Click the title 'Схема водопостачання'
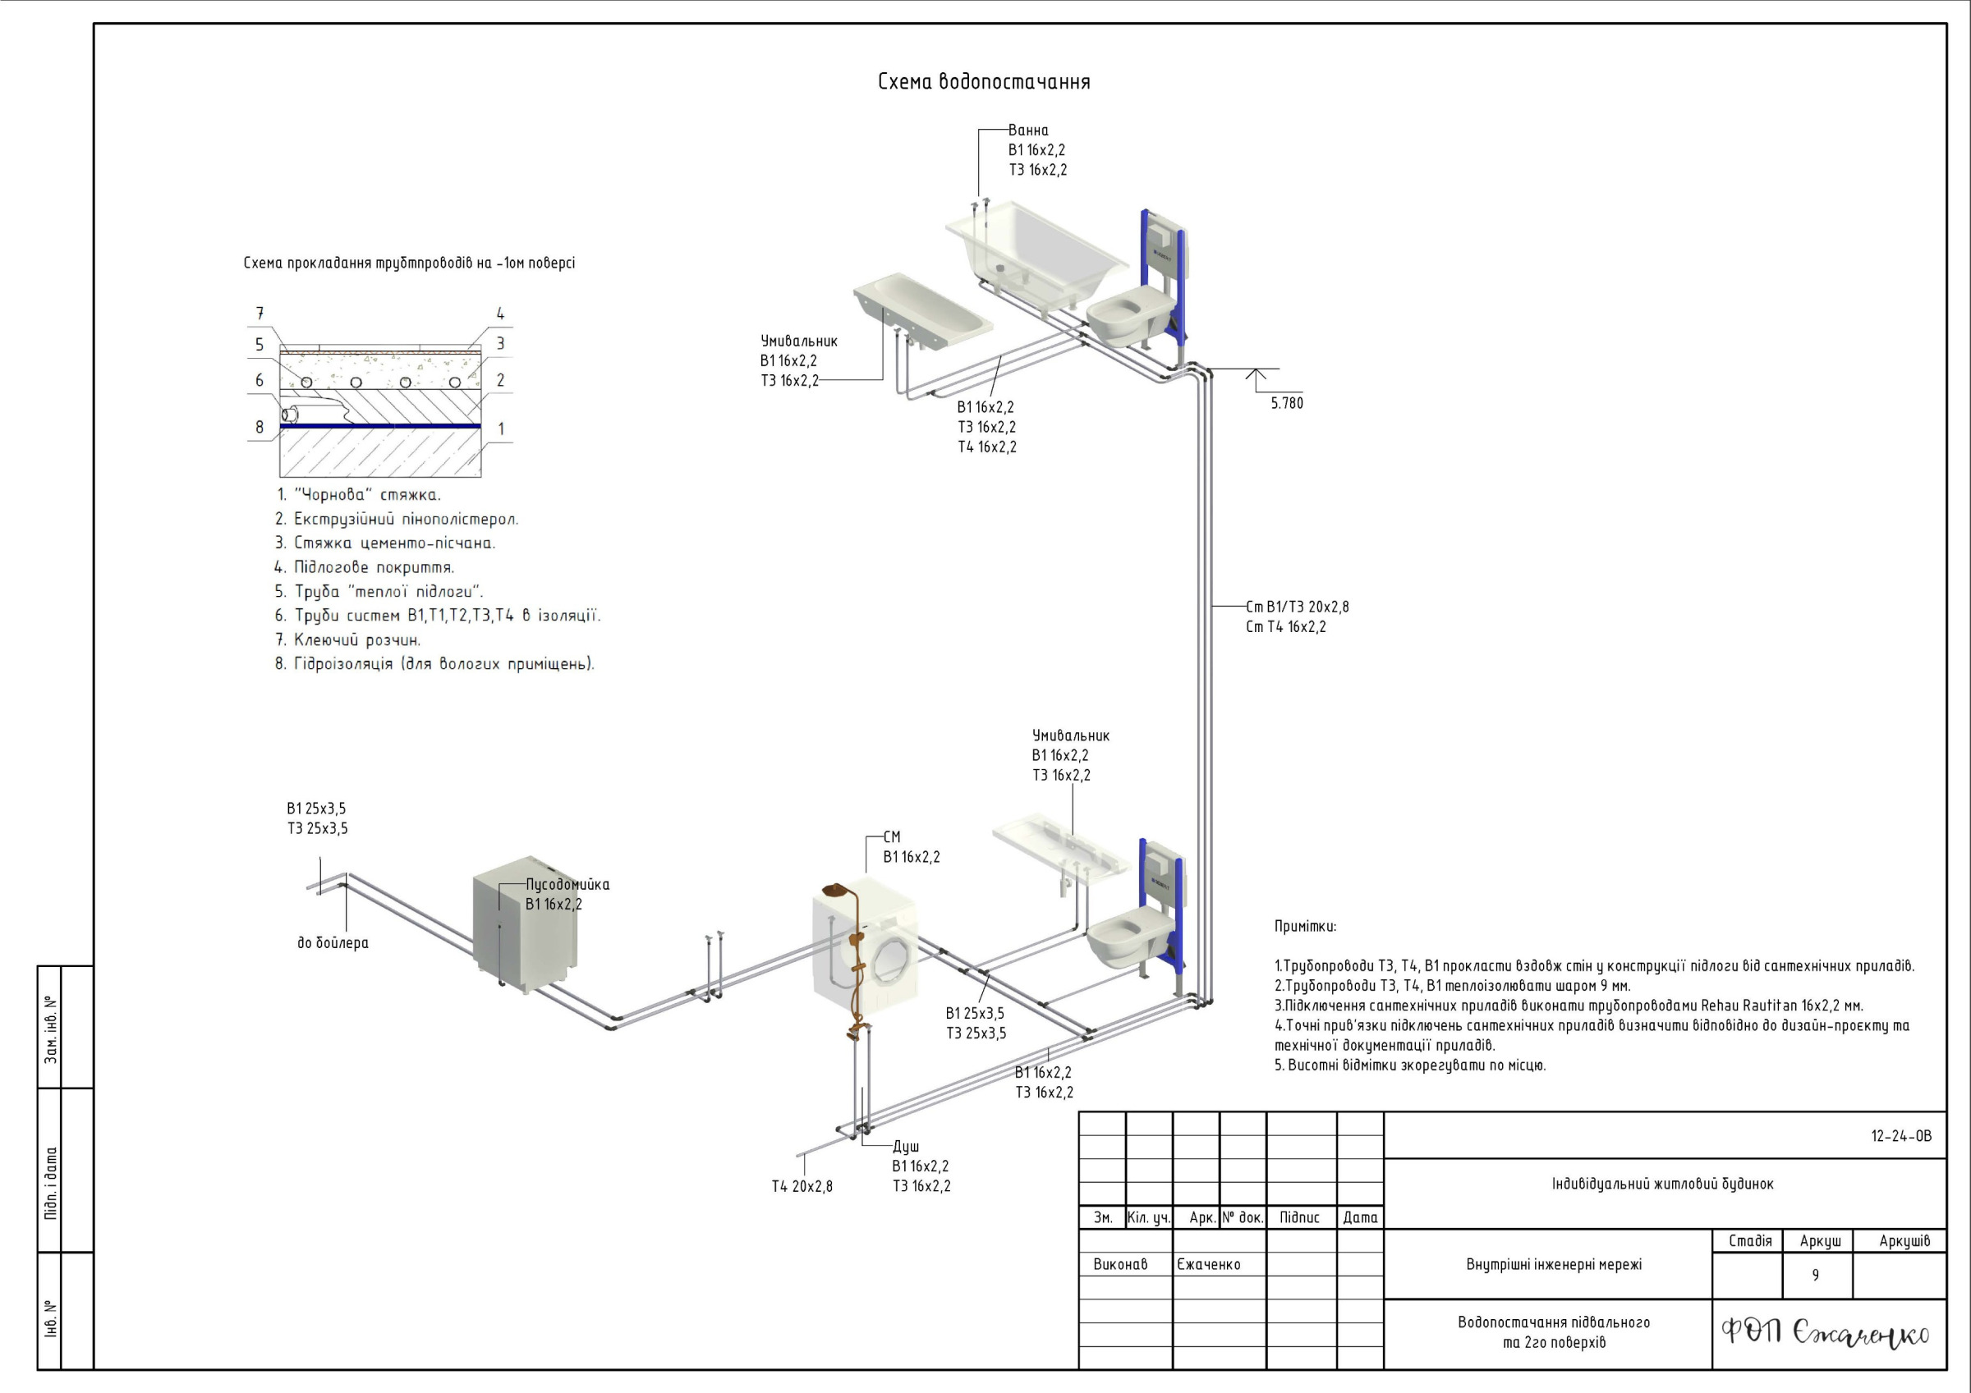click(x=984, y=82)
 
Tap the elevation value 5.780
click(x=1286, y=403)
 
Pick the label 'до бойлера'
click(x=333, y=943)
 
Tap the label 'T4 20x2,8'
click(x=802, y=1187)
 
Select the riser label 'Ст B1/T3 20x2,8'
click(x=1297, y=607)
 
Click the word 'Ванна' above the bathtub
click(x=1027, y=131)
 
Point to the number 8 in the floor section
click(x=260, y=427)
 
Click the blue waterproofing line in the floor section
click(x=380, y=426)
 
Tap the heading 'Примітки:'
click(x=1305, y=927)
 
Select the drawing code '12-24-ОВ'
click(x=1900, y=1136)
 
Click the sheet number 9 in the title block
click(x=1815, y=1276)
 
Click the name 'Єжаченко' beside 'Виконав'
click(x=1209, y=1264)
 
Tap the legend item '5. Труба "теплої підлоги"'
click(x=379, y=591)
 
